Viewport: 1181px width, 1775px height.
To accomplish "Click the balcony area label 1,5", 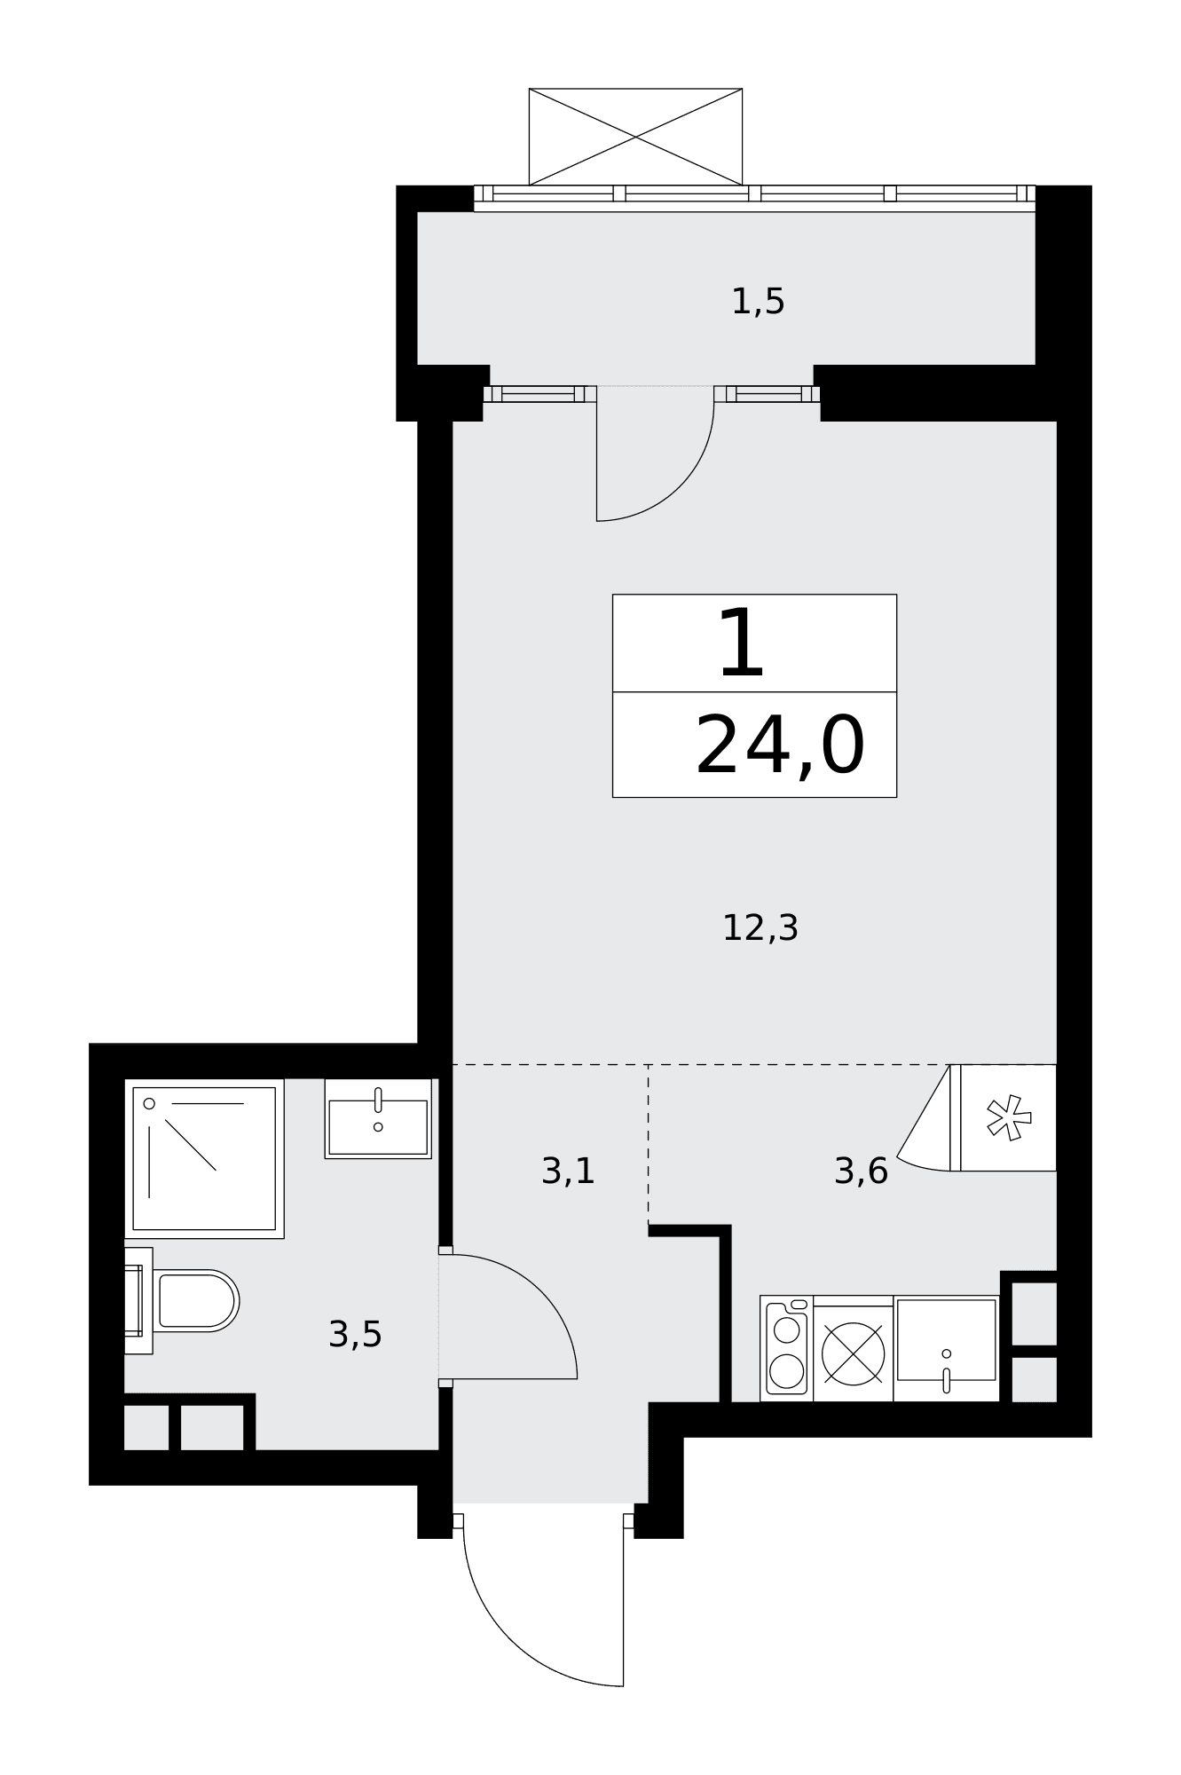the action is click(x=758, y=303).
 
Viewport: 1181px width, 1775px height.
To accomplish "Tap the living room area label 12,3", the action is click(x=760, y=928).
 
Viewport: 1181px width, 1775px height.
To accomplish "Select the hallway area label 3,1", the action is click(x=568, y=1171).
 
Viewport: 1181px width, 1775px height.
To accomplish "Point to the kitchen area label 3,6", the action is click(x=861, y=1171).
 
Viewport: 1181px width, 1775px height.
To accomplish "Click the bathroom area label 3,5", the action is click(x=355, y=1335).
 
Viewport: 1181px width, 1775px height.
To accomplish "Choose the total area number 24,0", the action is click(x=780, y=746).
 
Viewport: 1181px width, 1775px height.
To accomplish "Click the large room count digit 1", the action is click(x=742, y=644).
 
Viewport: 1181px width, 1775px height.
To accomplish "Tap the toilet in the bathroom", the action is click(x=195, y=1301).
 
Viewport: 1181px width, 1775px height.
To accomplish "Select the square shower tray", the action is click(x=204, y=1158).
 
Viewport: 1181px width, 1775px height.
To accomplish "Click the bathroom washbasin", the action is click(x=378, y=1119).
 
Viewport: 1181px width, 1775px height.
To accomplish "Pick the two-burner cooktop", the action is click(x=787, y=1348).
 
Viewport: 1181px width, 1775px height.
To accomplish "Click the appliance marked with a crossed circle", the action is click(x=853, y=1353).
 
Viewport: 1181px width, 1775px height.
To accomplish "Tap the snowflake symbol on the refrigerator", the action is click(x=1010, y=1117).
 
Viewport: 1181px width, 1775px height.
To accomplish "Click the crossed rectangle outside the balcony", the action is click(x=635, y=137).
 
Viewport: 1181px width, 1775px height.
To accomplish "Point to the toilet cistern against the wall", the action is click(x=138, y=1301).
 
